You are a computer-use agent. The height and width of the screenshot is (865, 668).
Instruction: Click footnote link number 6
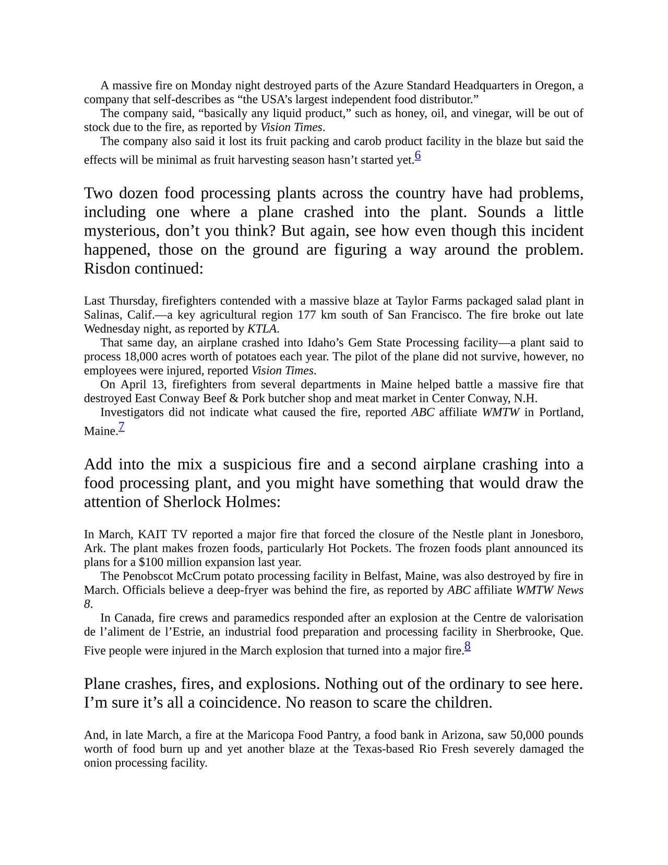(x=417, y=156)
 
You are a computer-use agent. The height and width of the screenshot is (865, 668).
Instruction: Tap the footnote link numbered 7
(x=122, y=427)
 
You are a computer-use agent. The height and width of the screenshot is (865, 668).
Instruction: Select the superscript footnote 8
(x=468, y=646)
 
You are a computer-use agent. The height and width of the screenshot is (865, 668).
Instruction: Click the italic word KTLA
(x=263, y=329)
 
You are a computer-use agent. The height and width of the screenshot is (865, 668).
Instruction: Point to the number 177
(x=307, y=315)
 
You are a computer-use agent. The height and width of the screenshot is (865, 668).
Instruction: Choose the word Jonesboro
(x=556, y=534)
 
